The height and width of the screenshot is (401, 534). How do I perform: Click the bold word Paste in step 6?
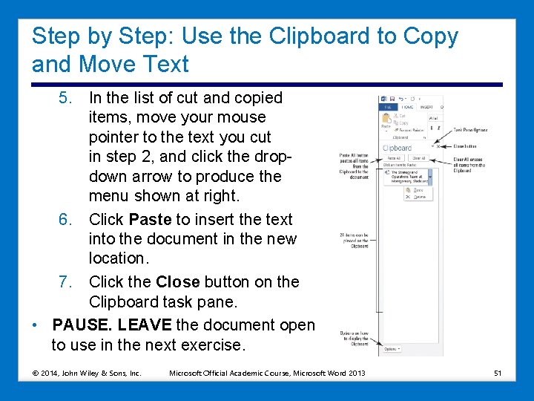click(150, 220)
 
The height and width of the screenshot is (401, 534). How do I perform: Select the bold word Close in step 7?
click(177, 282)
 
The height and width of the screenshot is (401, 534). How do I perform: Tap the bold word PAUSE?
click(82, 326)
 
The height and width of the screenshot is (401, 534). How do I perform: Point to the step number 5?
click(66, 98)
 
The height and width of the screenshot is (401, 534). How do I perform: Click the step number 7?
click(65, 282)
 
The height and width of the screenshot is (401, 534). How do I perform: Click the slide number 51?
click(498, 373)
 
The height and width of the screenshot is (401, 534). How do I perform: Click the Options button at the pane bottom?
click(390, 348)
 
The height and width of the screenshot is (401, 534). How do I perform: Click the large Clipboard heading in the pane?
click(396, 148)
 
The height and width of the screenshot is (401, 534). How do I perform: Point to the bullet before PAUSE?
click(36, 326)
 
